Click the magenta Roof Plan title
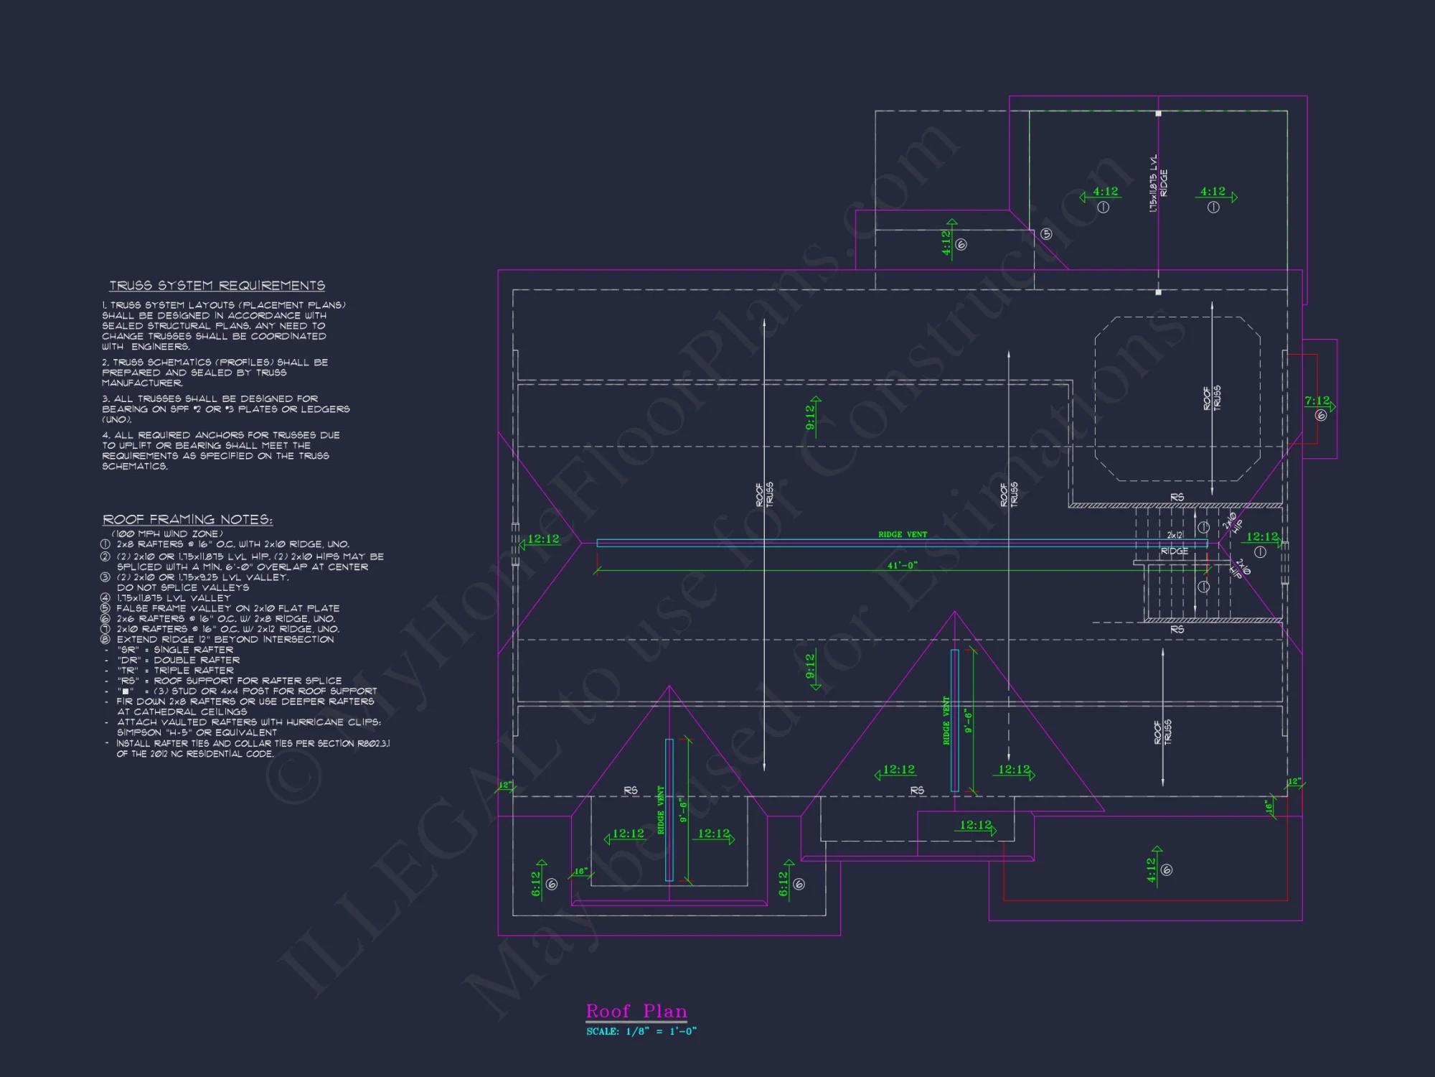(636, 1011)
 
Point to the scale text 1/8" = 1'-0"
(660, 1032)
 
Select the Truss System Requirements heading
(217, 286)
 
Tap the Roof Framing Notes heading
(187, 519)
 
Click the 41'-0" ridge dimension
(902, 565)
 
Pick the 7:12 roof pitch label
(1317, 401)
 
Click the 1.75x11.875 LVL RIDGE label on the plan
(1158, 184)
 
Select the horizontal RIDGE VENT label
(902, 534)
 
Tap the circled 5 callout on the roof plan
(1046, 234)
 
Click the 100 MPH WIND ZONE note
(167, 533)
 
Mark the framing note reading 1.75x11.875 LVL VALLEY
(174, 597)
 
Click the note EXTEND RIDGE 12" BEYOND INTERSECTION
(225, 639)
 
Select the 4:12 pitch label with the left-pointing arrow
(1104, 192)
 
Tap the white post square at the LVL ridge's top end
(1158, 113)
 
